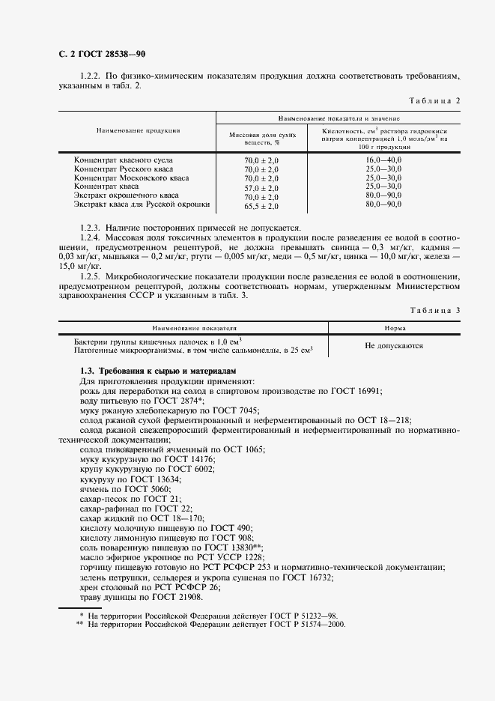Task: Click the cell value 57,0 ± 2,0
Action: tap(261, 187)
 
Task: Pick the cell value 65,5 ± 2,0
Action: tap(261, 205)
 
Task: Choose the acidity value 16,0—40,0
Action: tap(383, 160)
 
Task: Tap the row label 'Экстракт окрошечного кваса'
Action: tap(126, 195)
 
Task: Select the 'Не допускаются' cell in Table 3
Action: tap(394, 346)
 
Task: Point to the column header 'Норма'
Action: tap(395, 328)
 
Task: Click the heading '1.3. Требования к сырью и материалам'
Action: tap(157, 371)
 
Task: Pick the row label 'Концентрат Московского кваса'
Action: tap(131, 178)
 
